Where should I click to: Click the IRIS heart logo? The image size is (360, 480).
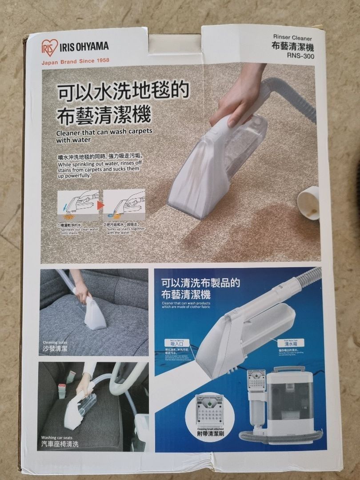point(49,47)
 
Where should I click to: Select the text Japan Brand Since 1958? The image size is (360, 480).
point(75,61)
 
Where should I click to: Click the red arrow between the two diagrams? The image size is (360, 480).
point(100,205)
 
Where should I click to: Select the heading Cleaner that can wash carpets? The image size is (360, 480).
point(104,135)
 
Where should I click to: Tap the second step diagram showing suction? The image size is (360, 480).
point(124,206)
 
